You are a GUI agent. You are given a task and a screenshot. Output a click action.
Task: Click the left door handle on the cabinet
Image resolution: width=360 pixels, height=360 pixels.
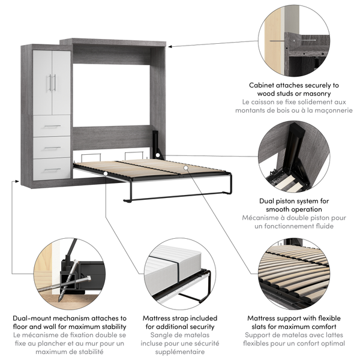point(50,83)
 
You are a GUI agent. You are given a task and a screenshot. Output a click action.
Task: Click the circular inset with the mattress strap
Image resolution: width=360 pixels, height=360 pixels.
point(179,274)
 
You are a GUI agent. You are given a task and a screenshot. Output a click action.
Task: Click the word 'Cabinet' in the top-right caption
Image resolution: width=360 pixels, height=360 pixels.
point(266,85)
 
